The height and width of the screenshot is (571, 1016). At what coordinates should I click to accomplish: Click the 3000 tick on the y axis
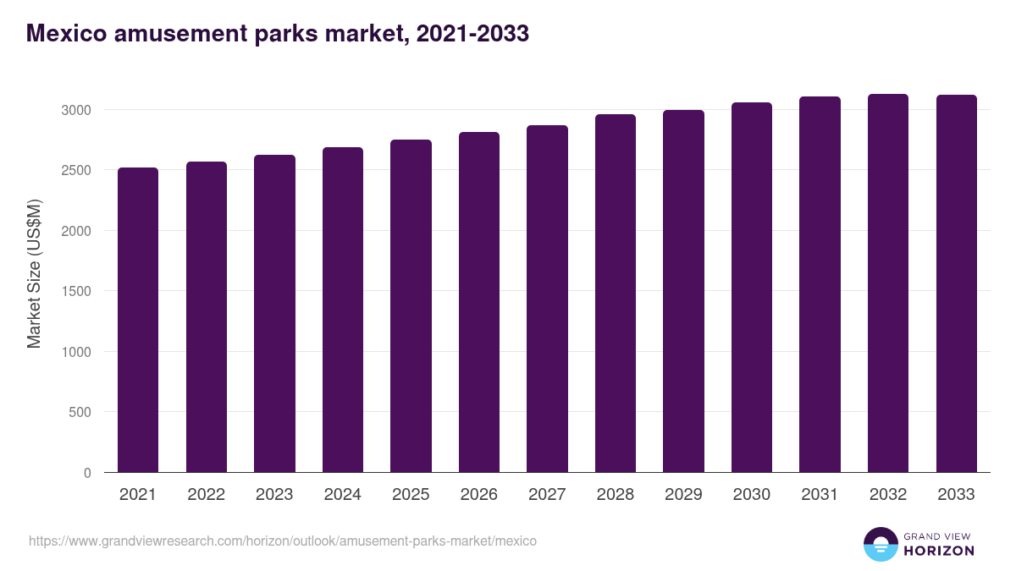click(x=75, y=110)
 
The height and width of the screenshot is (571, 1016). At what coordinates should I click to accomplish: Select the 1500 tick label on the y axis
click(x=75, y=292)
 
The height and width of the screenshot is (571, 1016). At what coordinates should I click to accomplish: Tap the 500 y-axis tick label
click(x=79, y=413)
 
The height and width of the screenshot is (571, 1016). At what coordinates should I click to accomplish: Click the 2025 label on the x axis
click(x=411, y=495)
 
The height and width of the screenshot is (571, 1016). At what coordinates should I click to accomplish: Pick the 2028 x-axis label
click(x=616, y=495)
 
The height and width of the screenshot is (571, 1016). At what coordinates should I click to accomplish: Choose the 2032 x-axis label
click(x=888, y=495)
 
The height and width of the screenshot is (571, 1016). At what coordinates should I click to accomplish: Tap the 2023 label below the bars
click(x=274, y=495)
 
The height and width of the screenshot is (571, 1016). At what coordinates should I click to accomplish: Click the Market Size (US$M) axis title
click(x=34, y=273)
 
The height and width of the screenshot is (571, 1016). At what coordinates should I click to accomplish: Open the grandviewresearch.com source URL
click(x=283, y=541)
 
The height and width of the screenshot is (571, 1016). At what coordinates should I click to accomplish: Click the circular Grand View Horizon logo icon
click(x=880, y=544)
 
